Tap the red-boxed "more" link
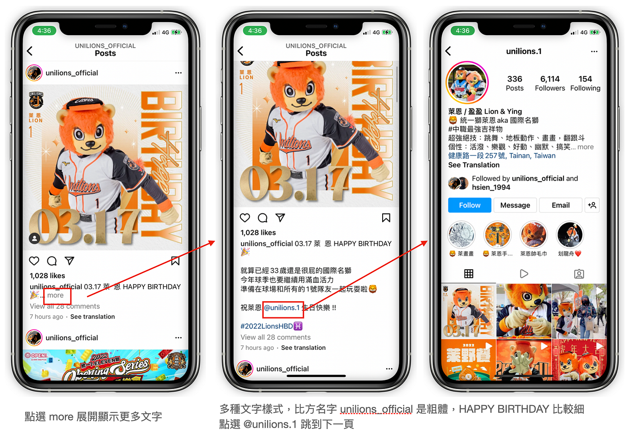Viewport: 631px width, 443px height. [x=55, y=295]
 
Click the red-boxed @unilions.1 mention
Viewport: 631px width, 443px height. [x=282, y=308]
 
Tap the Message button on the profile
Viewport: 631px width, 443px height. [x=515, y=205]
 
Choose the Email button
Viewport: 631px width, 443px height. [x=560, y=205]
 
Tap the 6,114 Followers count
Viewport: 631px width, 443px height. [x=550, y=83]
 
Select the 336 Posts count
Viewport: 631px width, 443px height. [x=514, y=83]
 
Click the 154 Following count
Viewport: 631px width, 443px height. [x=585, y=83]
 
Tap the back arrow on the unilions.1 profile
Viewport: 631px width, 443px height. [x=448, y=51]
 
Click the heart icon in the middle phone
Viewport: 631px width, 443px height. [x=245, y=218]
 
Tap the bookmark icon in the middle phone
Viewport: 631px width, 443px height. [x=386, y=218]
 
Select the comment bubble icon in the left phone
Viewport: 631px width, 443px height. [x=52, y=261]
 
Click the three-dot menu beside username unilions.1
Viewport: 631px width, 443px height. [x=594, y=51]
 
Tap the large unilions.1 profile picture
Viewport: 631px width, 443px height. [x=467, y=83]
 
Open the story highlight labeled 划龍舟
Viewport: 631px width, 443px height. [x=570, y=235]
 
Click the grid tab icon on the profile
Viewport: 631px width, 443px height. [x=469, y=274]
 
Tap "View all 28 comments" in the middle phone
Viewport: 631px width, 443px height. [x=275, y=337]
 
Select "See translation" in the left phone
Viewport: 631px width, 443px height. [x=92, y=316]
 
